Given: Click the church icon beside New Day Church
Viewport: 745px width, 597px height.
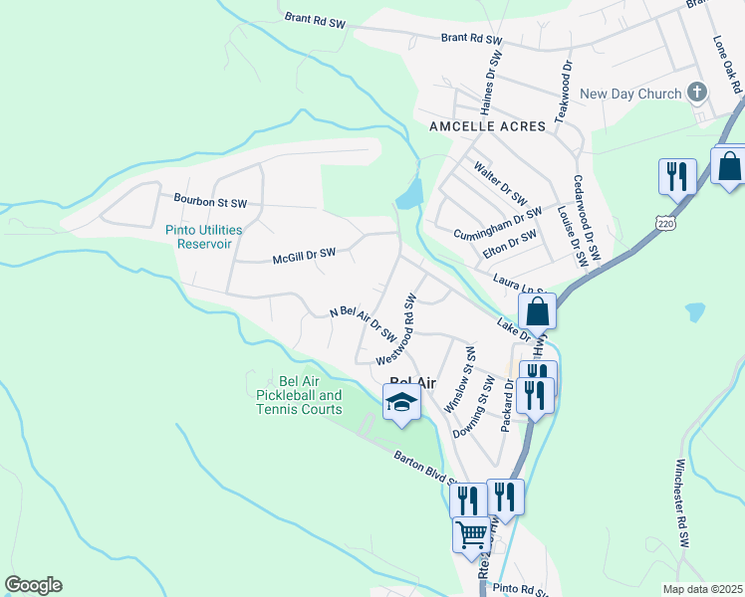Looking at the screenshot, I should (697, 94).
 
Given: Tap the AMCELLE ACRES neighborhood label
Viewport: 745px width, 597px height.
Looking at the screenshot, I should (487, 126).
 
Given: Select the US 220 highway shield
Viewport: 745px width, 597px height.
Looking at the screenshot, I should (664, 224).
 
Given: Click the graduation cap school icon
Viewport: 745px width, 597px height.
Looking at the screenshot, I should (401, 402).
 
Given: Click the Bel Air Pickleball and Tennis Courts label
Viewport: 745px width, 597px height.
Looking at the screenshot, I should (299, 396).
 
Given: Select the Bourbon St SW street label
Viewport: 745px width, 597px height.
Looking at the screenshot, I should (209, 202).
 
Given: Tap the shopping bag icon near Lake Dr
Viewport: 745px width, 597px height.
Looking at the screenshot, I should (538, 310).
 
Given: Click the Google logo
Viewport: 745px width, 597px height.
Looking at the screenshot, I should (33, 585).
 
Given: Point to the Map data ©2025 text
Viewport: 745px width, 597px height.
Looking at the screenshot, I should (702, 589).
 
